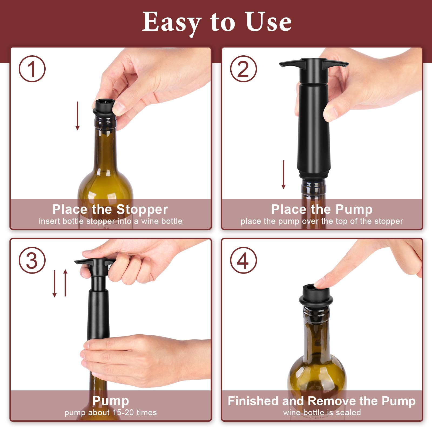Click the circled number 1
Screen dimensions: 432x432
click(32, 69)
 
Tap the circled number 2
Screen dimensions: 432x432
click(243, 69)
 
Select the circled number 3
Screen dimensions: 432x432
click(32, 261)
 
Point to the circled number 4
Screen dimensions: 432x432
click(243, 261)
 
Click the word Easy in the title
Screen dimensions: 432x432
click(172, 22)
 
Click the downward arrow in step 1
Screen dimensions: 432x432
click(77, 116)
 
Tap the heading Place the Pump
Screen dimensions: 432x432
click(322, 210)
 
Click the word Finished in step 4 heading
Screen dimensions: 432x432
click(253, 401)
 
